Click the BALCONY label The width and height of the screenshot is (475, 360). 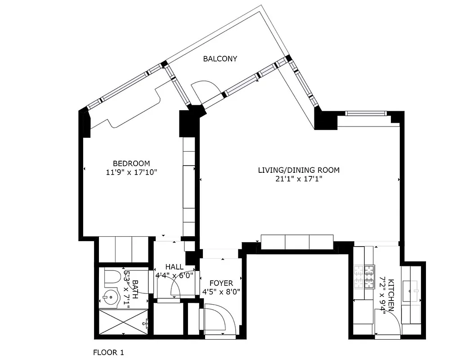220,59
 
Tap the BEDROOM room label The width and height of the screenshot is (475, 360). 131,163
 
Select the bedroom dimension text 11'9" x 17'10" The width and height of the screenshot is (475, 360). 131,172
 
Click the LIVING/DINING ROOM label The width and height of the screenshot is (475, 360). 299,170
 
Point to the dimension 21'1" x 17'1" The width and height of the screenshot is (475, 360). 299,179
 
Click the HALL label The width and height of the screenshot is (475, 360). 174,267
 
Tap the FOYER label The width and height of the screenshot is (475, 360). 221,283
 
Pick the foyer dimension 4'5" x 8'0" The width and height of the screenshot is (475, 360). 221,291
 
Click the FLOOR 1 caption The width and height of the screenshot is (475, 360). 108,352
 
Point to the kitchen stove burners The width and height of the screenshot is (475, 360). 365,277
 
